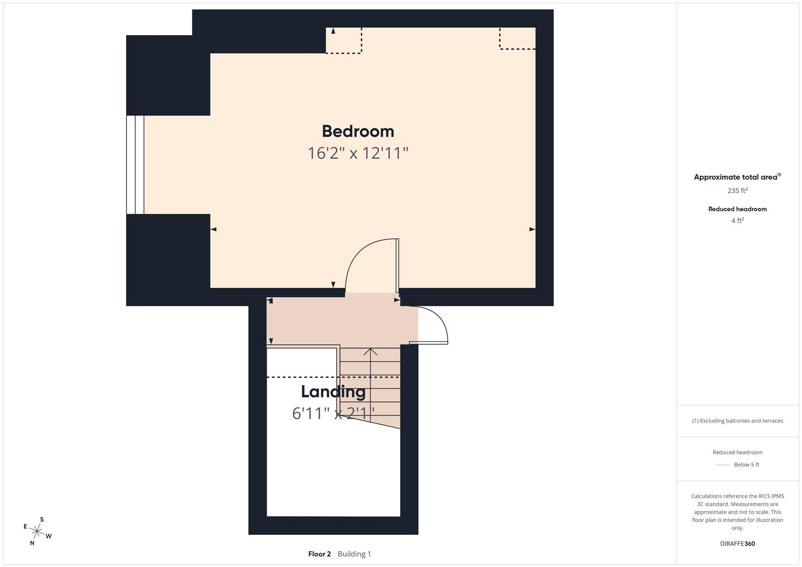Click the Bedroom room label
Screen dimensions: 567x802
[x=358, y=131]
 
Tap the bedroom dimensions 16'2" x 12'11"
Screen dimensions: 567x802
[x=358, y=153]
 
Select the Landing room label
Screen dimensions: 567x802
[x=333, y=392]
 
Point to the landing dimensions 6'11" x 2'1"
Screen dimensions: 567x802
[x=333, y=414]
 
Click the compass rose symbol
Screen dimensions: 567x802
[x=37, y=531]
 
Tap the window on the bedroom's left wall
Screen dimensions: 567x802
[x=136, y=165]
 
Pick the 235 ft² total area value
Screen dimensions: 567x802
[x=737, y=191]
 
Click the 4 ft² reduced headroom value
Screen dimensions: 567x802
[x=737, y=220]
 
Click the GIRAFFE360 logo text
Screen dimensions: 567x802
[x=737, y=543]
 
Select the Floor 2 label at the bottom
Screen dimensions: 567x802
[x=319, y=554]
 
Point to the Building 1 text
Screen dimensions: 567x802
[x=354, y=554]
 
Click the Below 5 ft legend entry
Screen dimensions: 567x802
[x=746, y=465]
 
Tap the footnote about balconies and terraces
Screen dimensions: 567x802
[x=737, y=421]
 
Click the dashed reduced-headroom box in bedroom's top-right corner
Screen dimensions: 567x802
[x=517, y=38]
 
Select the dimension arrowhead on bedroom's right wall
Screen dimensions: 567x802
[x=532, y=229]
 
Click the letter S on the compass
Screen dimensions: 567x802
[x=42, y=520]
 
